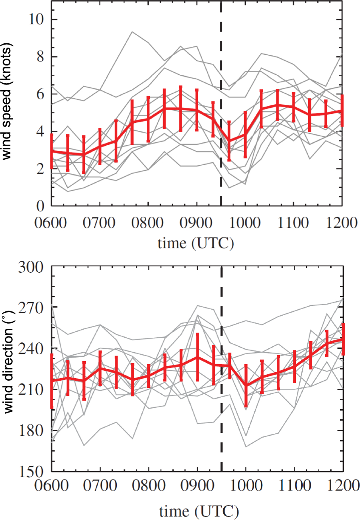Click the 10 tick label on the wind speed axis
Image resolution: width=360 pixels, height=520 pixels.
coord(36,19)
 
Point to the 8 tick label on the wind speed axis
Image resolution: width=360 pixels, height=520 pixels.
coord(40,57)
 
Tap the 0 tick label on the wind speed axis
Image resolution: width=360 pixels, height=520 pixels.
coord(40,206)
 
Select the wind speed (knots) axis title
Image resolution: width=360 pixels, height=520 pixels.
coord(7,101)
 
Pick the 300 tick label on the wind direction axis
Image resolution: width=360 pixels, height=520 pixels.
coord(31,267)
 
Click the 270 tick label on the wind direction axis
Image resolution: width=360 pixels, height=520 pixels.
coord(31,308)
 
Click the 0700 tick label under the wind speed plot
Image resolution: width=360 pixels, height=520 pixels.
coord(99,223)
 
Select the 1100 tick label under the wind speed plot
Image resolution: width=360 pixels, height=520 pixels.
coord(293,223)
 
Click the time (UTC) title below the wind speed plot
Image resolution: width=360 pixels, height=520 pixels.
coord(196,243)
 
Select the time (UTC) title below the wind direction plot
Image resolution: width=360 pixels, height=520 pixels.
coord(199,511)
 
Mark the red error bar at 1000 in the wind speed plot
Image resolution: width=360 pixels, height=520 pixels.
coord(245,135)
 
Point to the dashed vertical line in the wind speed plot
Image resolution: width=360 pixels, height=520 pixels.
coord(221,103)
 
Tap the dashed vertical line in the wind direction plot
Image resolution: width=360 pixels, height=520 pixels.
coord(222,370)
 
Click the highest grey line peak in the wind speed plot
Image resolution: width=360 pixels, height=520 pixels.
coord(132,31)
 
